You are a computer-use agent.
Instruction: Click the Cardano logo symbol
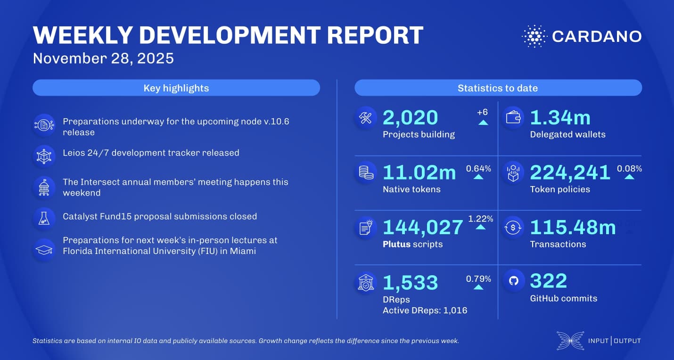(x=534, y=36)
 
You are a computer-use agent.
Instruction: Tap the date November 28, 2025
(x=103, y=58)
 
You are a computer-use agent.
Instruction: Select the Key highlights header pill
(x=176, y=88)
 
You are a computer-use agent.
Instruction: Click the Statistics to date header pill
(x=498, y=88)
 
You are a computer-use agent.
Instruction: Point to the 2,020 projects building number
(x=410, y=118)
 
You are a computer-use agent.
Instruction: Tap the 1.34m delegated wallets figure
(x=560, y=118)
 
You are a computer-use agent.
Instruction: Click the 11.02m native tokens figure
(x=419, y=173)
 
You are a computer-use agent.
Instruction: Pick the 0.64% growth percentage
(x=478, y=168)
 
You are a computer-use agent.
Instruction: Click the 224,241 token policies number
(x=570, y=173)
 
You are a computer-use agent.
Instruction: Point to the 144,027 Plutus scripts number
(x=422, y=227)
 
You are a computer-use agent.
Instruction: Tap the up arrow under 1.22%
(x=480, y=227)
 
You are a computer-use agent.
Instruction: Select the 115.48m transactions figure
(x=573, y=227)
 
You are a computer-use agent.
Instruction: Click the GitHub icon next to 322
(x=514, y=281)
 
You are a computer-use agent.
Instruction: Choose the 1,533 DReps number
(x=410, y=282)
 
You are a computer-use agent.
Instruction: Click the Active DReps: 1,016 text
(x=425, y=310)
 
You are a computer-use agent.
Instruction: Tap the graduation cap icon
(x=44, y=249)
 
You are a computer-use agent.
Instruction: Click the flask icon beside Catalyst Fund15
(x=44, y=217)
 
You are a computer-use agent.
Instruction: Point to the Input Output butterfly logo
(x=569, y=341)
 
